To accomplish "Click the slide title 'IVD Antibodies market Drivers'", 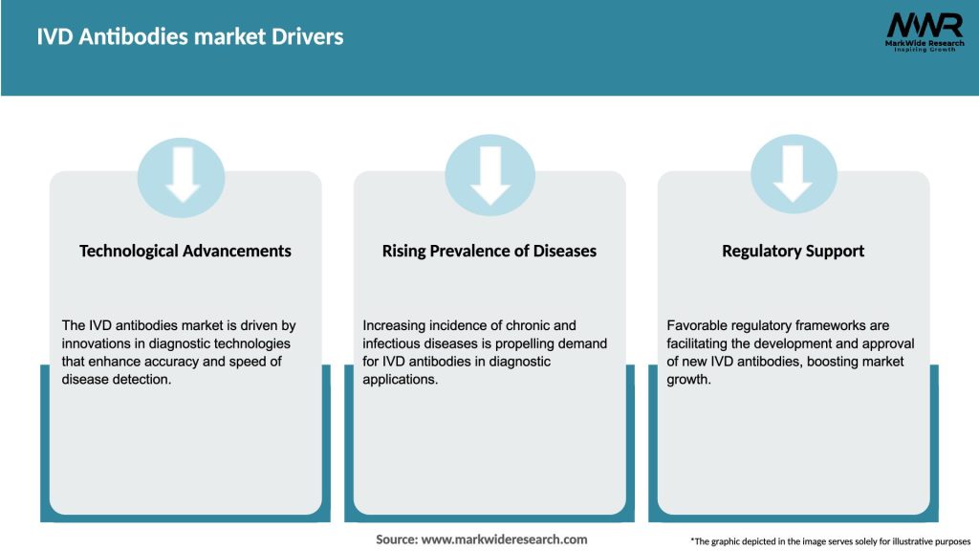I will (190, 37).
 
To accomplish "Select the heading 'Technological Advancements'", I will (185, 251).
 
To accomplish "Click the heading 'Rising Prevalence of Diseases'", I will (489, 251).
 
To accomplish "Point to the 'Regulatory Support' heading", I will (793, 251).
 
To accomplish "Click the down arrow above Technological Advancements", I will (183, 174).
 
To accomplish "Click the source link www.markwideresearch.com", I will (504, 540).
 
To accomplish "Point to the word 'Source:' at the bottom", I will (397, 540).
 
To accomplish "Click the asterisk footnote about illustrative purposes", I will (830, 541).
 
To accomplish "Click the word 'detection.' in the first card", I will (146, 379).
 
